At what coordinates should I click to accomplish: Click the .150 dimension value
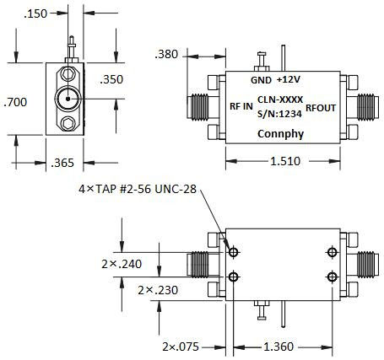pos(35,14)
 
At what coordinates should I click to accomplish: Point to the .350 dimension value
pos(112,80)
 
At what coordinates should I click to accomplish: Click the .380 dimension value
pos(169,54)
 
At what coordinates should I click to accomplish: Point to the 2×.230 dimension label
pos(157,290)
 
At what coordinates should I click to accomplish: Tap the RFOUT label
pos(322,107)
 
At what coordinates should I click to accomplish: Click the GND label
pos(261,80)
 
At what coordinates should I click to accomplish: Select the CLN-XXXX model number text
pos(280,99)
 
